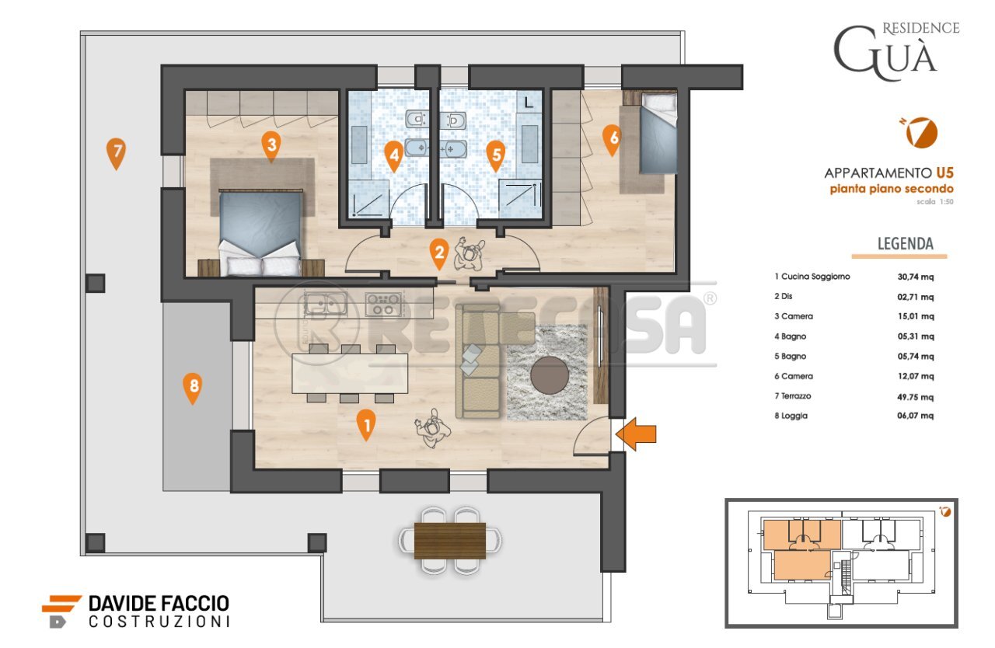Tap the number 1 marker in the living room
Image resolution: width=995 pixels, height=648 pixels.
(365, 423)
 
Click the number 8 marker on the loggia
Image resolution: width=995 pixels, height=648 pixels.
(192, 386)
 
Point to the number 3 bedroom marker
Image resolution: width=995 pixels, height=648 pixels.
(271, 144)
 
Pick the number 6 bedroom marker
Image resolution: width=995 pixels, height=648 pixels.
(612, 138)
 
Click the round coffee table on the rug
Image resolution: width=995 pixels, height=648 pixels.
(550, 376)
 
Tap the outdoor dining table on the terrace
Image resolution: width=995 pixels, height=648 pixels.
(450, 540)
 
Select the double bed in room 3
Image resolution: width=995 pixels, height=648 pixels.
(260, 232)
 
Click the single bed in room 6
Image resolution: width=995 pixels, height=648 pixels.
(657, 132)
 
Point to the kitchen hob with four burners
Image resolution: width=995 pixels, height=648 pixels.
(383, 303)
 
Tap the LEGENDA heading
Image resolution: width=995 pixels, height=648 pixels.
(905, 244)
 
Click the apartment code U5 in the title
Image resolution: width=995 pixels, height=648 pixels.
(944, 172)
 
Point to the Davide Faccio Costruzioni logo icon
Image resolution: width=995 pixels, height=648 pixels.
(61, 610)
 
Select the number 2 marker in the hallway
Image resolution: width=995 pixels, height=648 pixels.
(439, 251)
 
